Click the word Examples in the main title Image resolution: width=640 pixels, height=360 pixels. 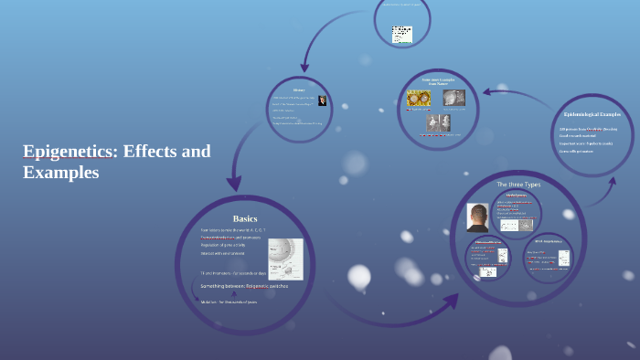pyautogui.click(x=60, y=171)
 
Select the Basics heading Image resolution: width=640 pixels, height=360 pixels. pyautogui.click(x=245, y=218)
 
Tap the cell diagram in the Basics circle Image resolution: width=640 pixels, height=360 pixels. pyautogui.click(x=285, y=262)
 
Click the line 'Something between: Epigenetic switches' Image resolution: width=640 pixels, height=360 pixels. pyautogui.click(x=244, y=286)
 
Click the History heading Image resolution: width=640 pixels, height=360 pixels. pyautogui.click(x=299, y=90)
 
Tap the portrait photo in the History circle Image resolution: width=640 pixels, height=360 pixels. pyautogui.click(x=322, y=101)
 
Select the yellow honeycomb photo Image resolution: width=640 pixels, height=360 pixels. pyautogui.click(x=421, y=99)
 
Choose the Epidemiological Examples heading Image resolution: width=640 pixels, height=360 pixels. pyautogui.click(x=592, y=114)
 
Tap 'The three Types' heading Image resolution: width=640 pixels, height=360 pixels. pyautogui.click(x=518, y=185)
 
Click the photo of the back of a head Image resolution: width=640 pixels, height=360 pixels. pyautogui.click(x=476, y=217)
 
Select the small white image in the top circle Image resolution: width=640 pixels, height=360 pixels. pyautogui.click(x=402, y=34)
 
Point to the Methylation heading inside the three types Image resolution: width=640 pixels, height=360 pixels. pyautogui.click(x=517, y=195)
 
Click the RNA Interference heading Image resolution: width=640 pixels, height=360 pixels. pyautogui.click(x=547, y=239)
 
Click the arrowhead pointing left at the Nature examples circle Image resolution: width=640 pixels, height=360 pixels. pyautogui.click(x=488, y=91)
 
